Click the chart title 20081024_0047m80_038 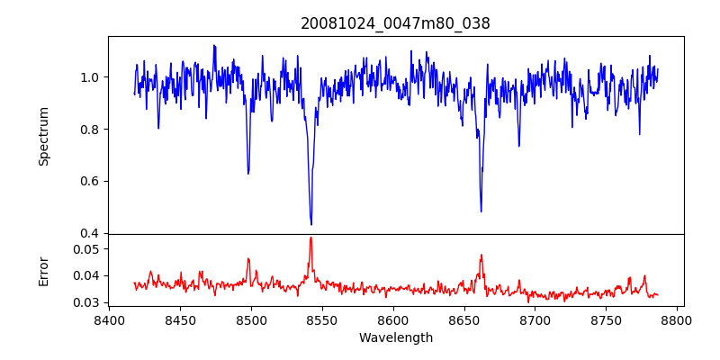395,23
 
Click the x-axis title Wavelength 395,338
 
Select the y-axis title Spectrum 43,135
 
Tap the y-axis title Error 43,270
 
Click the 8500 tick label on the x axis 251,319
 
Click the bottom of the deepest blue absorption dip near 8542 311,224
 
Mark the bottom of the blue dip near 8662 481,211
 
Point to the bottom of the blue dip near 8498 248,173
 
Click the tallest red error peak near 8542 310,238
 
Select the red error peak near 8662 481,255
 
